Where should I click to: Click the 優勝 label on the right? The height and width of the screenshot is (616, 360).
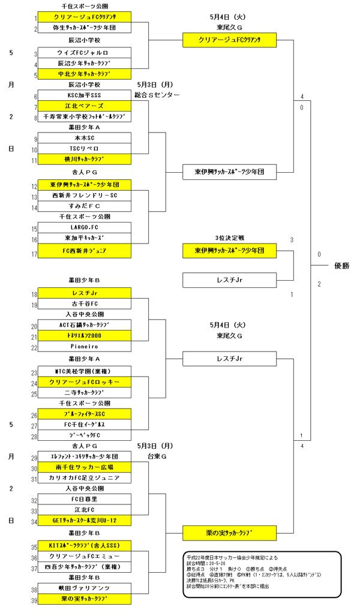coord(343,265)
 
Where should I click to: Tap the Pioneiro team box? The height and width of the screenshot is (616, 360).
coord(84,347)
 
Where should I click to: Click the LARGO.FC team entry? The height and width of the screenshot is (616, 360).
coord(84,228)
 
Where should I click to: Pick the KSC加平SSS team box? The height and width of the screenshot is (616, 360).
coord(84,95)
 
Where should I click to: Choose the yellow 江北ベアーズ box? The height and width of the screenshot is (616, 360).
coord(84,106)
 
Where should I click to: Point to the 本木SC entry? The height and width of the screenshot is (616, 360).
coord(84,138)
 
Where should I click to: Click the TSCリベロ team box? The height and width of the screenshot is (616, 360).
coord(84,148)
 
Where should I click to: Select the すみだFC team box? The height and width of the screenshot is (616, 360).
coord(84,206)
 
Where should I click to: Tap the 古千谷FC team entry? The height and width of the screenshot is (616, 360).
coord(84,304)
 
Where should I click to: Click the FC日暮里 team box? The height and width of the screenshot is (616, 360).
coord(84,499)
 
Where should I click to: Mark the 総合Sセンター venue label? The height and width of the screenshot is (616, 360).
coord(157,95)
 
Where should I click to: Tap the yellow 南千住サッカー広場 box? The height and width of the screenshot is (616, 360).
coord(84,467)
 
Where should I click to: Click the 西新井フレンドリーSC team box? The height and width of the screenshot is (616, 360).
coord(84,196)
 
